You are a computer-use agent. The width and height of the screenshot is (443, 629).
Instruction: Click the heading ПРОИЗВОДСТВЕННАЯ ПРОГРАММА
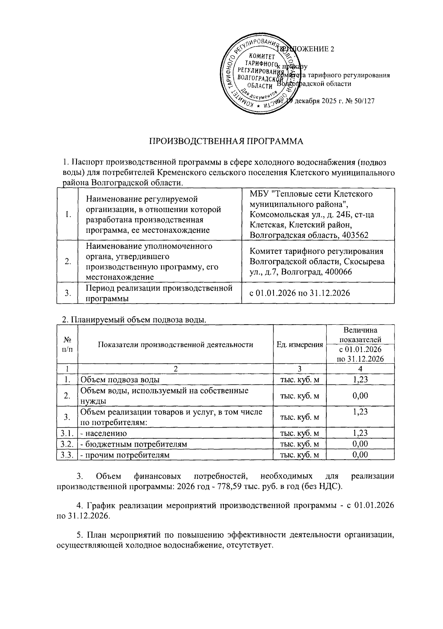coord(226,142)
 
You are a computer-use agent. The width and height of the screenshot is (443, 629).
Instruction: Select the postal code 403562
coord(355,235)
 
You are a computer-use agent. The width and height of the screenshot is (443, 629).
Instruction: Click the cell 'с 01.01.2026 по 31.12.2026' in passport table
coord(299,293)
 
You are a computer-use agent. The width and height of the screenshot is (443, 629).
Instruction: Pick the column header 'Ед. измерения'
coord(299,345)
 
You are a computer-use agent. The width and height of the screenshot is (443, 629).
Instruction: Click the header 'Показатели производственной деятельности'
coord(175,345)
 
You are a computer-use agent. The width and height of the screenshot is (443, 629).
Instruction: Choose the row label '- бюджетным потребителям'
coord(134,444)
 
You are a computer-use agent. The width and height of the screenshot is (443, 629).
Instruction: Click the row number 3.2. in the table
coord(66,444)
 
